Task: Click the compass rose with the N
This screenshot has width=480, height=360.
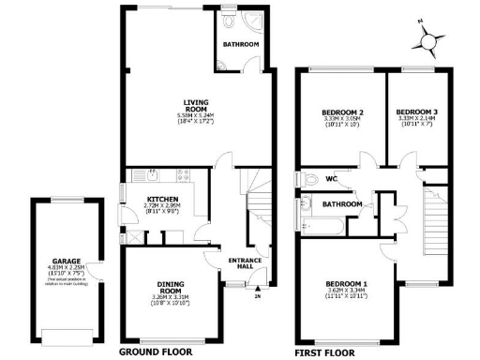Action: tap(430, 39)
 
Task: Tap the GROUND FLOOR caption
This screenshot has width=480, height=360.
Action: tap(156, 352)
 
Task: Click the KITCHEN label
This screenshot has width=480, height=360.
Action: tap(162, 199)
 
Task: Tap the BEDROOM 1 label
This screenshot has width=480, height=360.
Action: tap(346, 283)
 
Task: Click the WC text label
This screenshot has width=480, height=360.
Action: tap(331, 178)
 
